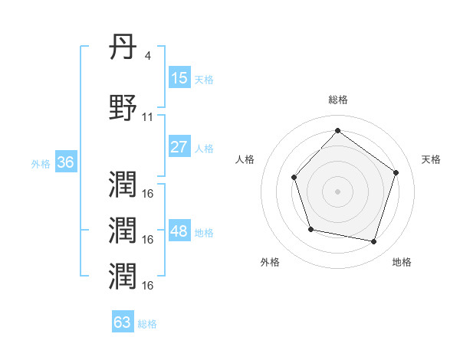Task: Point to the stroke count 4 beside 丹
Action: (148, 57)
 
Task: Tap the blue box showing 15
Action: (179, 78)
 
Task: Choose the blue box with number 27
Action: (179, 147)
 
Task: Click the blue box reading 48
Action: (179, 231)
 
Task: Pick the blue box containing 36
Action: (65, 163)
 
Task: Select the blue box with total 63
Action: (123, 322)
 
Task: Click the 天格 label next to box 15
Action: (204, 80)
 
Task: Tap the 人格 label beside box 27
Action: (204, 149)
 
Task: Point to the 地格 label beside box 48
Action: (204, 233)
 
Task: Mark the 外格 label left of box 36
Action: (41, 164)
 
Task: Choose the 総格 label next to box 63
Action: (147, 324)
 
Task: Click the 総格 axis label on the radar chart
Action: (337, 100)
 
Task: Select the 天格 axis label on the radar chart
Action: (431, 159)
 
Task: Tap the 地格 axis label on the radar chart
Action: (402, 262)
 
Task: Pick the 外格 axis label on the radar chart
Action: (270, 262)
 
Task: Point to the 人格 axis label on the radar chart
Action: (245, 159)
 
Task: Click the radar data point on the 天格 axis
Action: (396, 172)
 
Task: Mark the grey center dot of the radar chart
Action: (337, 191)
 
